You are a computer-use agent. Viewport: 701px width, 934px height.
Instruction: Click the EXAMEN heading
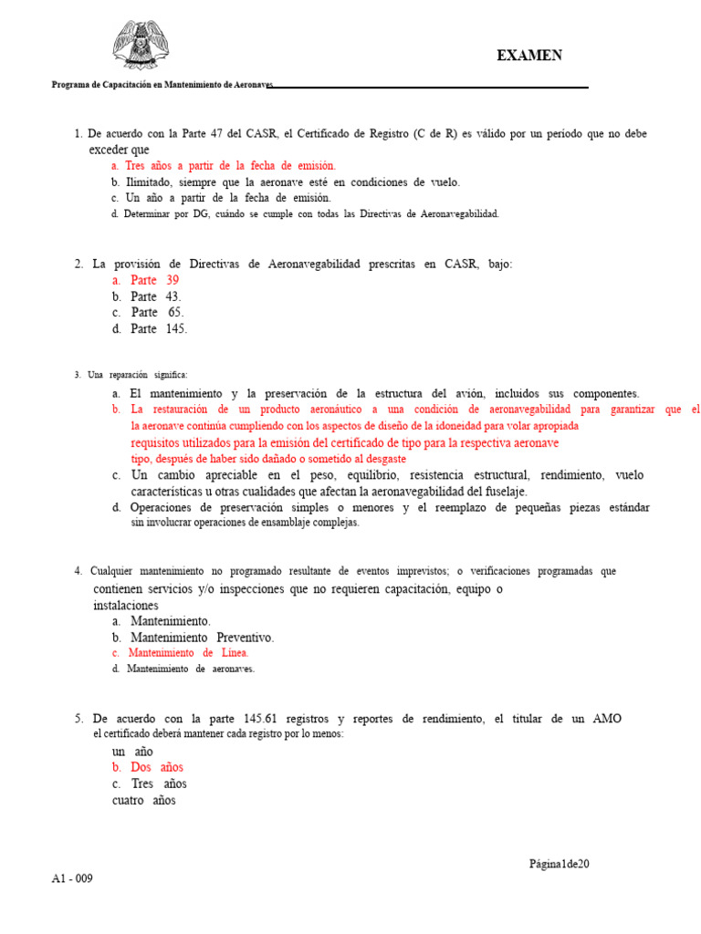(529, 56)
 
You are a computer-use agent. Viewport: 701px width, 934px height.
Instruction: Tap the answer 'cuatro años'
(144, 800)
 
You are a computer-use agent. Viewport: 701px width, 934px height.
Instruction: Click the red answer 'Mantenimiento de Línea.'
(188, 653)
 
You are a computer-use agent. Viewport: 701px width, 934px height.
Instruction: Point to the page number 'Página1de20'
(560, 864)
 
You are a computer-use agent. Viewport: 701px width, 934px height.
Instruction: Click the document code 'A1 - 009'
(72, 878)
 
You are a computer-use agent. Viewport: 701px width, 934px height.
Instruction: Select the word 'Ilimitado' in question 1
(150, 182)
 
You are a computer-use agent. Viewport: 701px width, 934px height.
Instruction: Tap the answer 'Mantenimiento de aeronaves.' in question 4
(191, 669)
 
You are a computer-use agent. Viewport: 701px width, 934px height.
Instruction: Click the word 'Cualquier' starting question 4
(115, 571)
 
